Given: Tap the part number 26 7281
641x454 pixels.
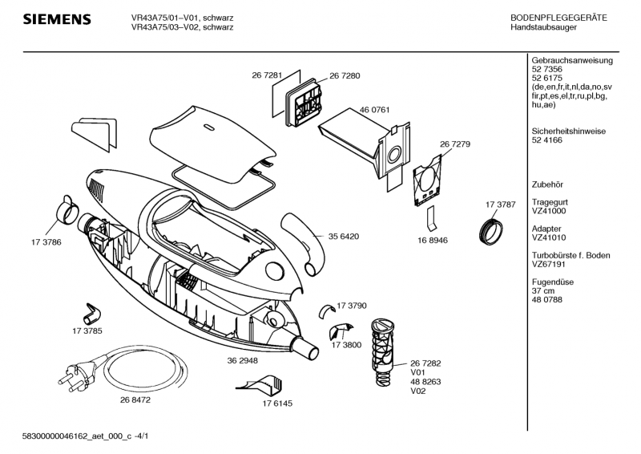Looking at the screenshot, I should tap(266, 75).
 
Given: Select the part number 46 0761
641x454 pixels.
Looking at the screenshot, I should tap(374, 108).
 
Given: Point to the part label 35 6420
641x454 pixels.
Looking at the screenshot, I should tap(343, 237).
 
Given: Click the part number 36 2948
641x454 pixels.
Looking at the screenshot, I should tap(242, 361).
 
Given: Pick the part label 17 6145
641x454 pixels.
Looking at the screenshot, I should tap(276, 403).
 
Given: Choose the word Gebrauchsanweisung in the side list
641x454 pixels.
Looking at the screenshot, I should tap(571, 61).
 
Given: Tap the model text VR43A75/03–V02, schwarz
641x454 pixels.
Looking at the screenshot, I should tap(182, 27).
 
